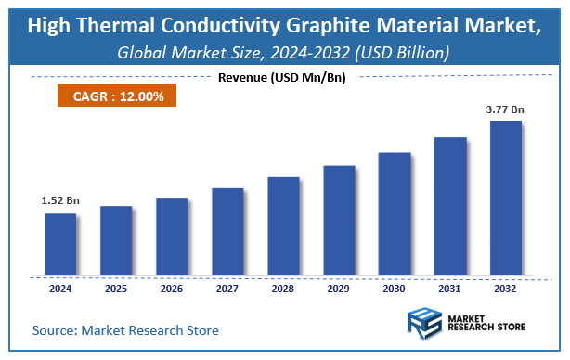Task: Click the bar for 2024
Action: (x=60, y=244)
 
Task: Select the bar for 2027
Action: (x=227, y=232)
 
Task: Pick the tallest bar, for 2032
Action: (x=506, y=198)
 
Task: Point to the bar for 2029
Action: (x=339, y=221)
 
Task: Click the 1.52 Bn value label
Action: (x=59, y=199)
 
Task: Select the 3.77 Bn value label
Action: (x=506, y=109)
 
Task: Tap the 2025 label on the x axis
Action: (x=116, y=288)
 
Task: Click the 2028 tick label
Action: (x=283, y=288)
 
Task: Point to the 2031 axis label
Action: (x=450, y=288)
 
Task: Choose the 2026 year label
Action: (x=172, y=288)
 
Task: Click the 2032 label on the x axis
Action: (x=506, y=288)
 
